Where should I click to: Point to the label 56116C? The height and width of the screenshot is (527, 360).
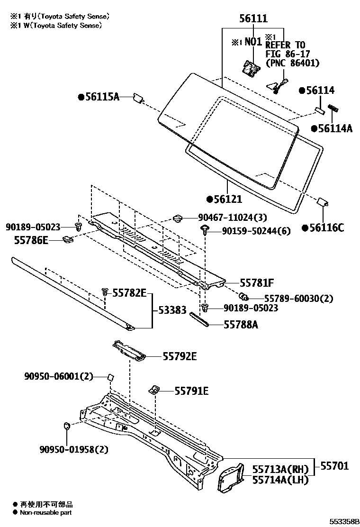(326, 228)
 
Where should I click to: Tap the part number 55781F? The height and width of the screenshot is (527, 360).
(257, 283)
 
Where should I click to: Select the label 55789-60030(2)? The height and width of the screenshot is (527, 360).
(292, 298)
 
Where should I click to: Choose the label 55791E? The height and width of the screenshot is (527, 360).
(191, 391)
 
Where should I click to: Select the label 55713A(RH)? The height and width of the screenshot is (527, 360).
(280, 469)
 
